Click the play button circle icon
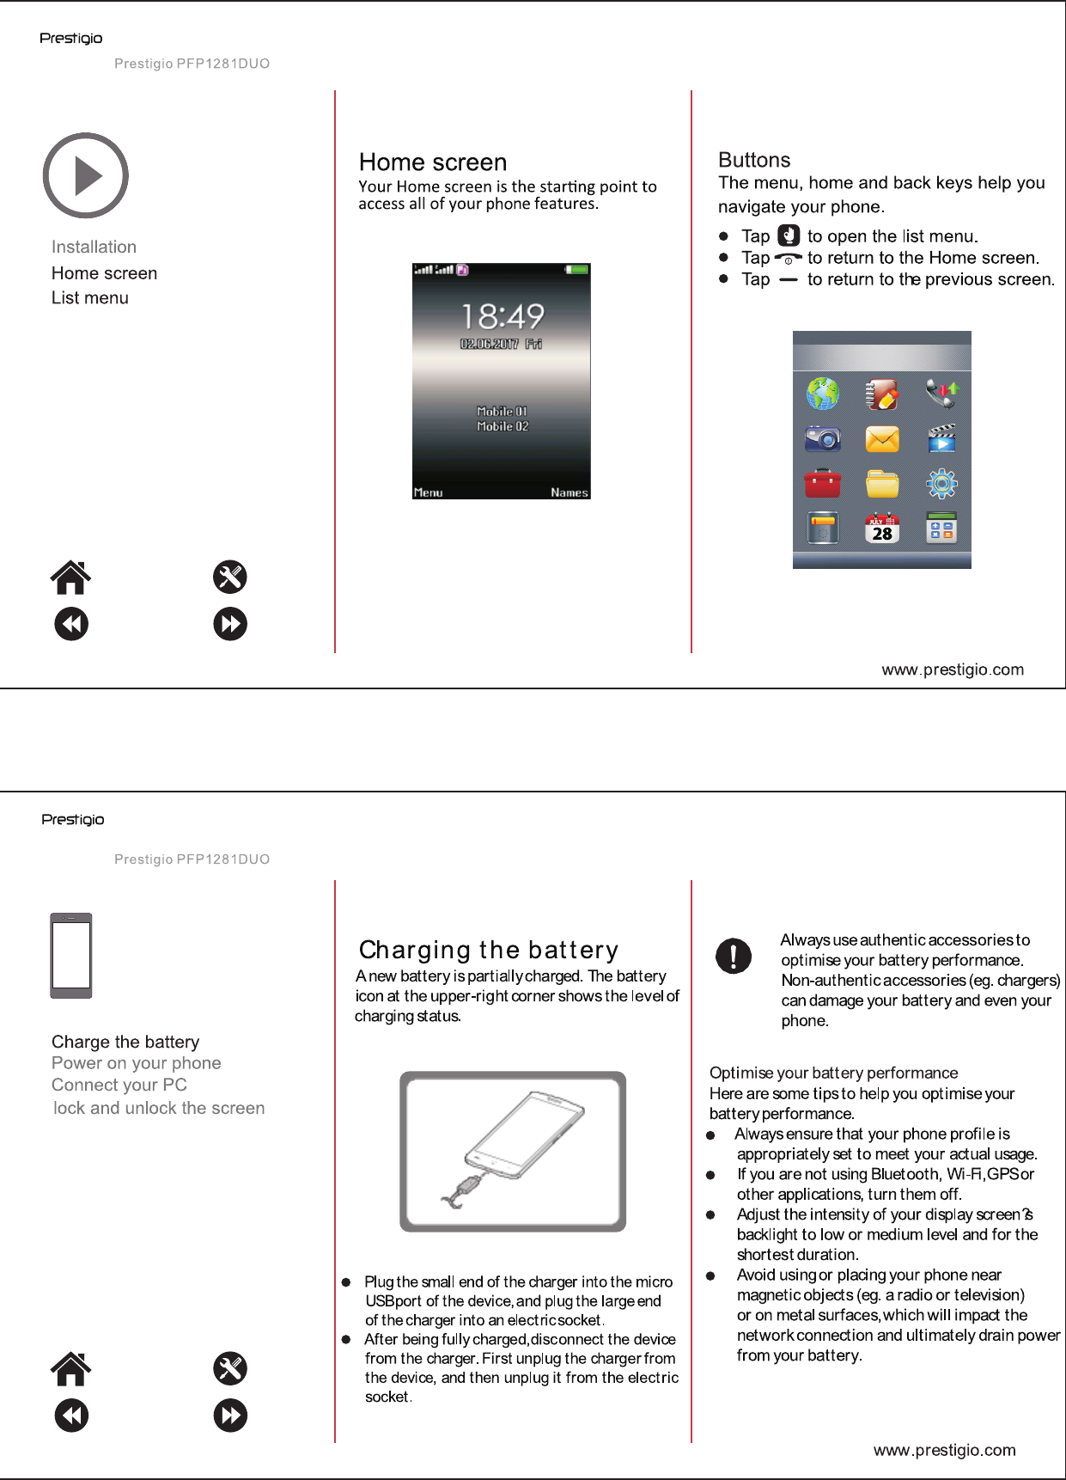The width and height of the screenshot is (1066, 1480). (85, 175)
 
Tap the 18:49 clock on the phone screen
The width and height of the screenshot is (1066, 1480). (503, 316)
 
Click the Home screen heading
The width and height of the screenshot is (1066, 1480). (433, 162)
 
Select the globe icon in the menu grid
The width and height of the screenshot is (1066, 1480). (822, 394)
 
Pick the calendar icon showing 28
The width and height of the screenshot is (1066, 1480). (882, 529)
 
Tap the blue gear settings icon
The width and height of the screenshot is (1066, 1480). (941, 484)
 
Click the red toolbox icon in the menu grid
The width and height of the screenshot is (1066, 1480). (822, 484)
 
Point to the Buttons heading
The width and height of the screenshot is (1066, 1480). (754, 160)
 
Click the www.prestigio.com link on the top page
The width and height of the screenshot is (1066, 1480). (953, 670)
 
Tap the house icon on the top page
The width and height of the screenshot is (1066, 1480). (70, 578)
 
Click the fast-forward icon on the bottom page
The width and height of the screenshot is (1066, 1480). (230, 1416)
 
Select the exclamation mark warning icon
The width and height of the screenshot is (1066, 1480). (734, 955)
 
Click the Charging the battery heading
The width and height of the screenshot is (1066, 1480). (488, 950)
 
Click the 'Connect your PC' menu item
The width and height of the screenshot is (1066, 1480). (119, 1085)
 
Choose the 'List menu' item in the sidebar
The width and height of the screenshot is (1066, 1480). (90, 298)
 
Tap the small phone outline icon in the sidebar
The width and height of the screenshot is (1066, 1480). (71, 955)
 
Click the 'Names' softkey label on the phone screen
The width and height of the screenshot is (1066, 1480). (570, 492)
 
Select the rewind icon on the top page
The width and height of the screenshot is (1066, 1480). (71, 624)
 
